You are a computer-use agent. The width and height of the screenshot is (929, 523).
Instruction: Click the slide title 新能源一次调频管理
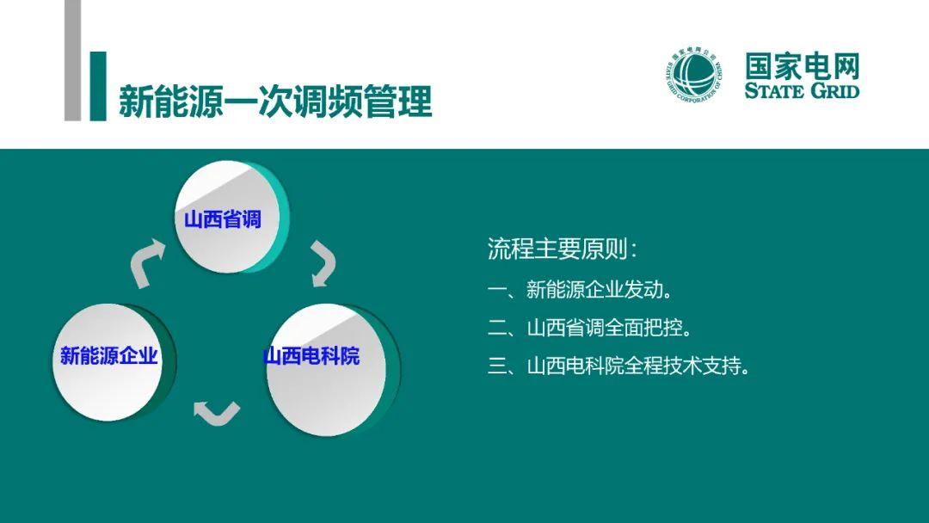pyautogui.click(x=275, y=102)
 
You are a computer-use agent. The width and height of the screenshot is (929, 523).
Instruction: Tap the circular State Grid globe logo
pyautogui.click(x=694, y=75)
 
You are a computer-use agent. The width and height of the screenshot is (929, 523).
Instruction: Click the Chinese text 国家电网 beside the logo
pyautogui.click(x=803, y=65)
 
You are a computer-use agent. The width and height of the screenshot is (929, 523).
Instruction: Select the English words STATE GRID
pyautogui.click(x=803, y=90)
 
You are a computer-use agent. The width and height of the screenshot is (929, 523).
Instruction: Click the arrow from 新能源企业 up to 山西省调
pyautogui.click(x=146, y=262)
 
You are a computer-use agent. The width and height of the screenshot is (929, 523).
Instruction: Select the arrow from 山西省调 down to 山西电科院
pyautogui.click(x=323, y=263)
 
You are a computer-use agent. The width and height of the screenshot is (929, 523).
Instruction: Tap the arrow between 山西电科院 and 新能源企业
pyautogui.click(x=217, y=412)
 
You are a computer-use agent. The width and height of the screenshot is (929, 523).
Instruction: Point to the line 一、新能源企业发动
pyautogui.click(x=580, y=290)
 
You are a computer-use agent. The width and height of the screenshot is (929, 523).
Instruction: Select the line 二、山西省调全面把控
pyautogui.click(x=589, y=328)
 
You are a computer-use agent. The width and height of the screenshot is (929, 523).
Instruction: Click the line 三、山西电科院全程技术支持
pyautogui.click(x=618, y=366)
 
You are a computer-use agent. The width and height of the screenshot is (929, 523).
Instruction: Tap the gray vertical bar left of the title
pyautogui.click(x=72, y=60)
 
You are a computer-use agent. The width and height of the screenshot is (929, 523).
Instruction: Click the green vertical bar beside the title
pyautogui.click(x=98, y=87)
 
